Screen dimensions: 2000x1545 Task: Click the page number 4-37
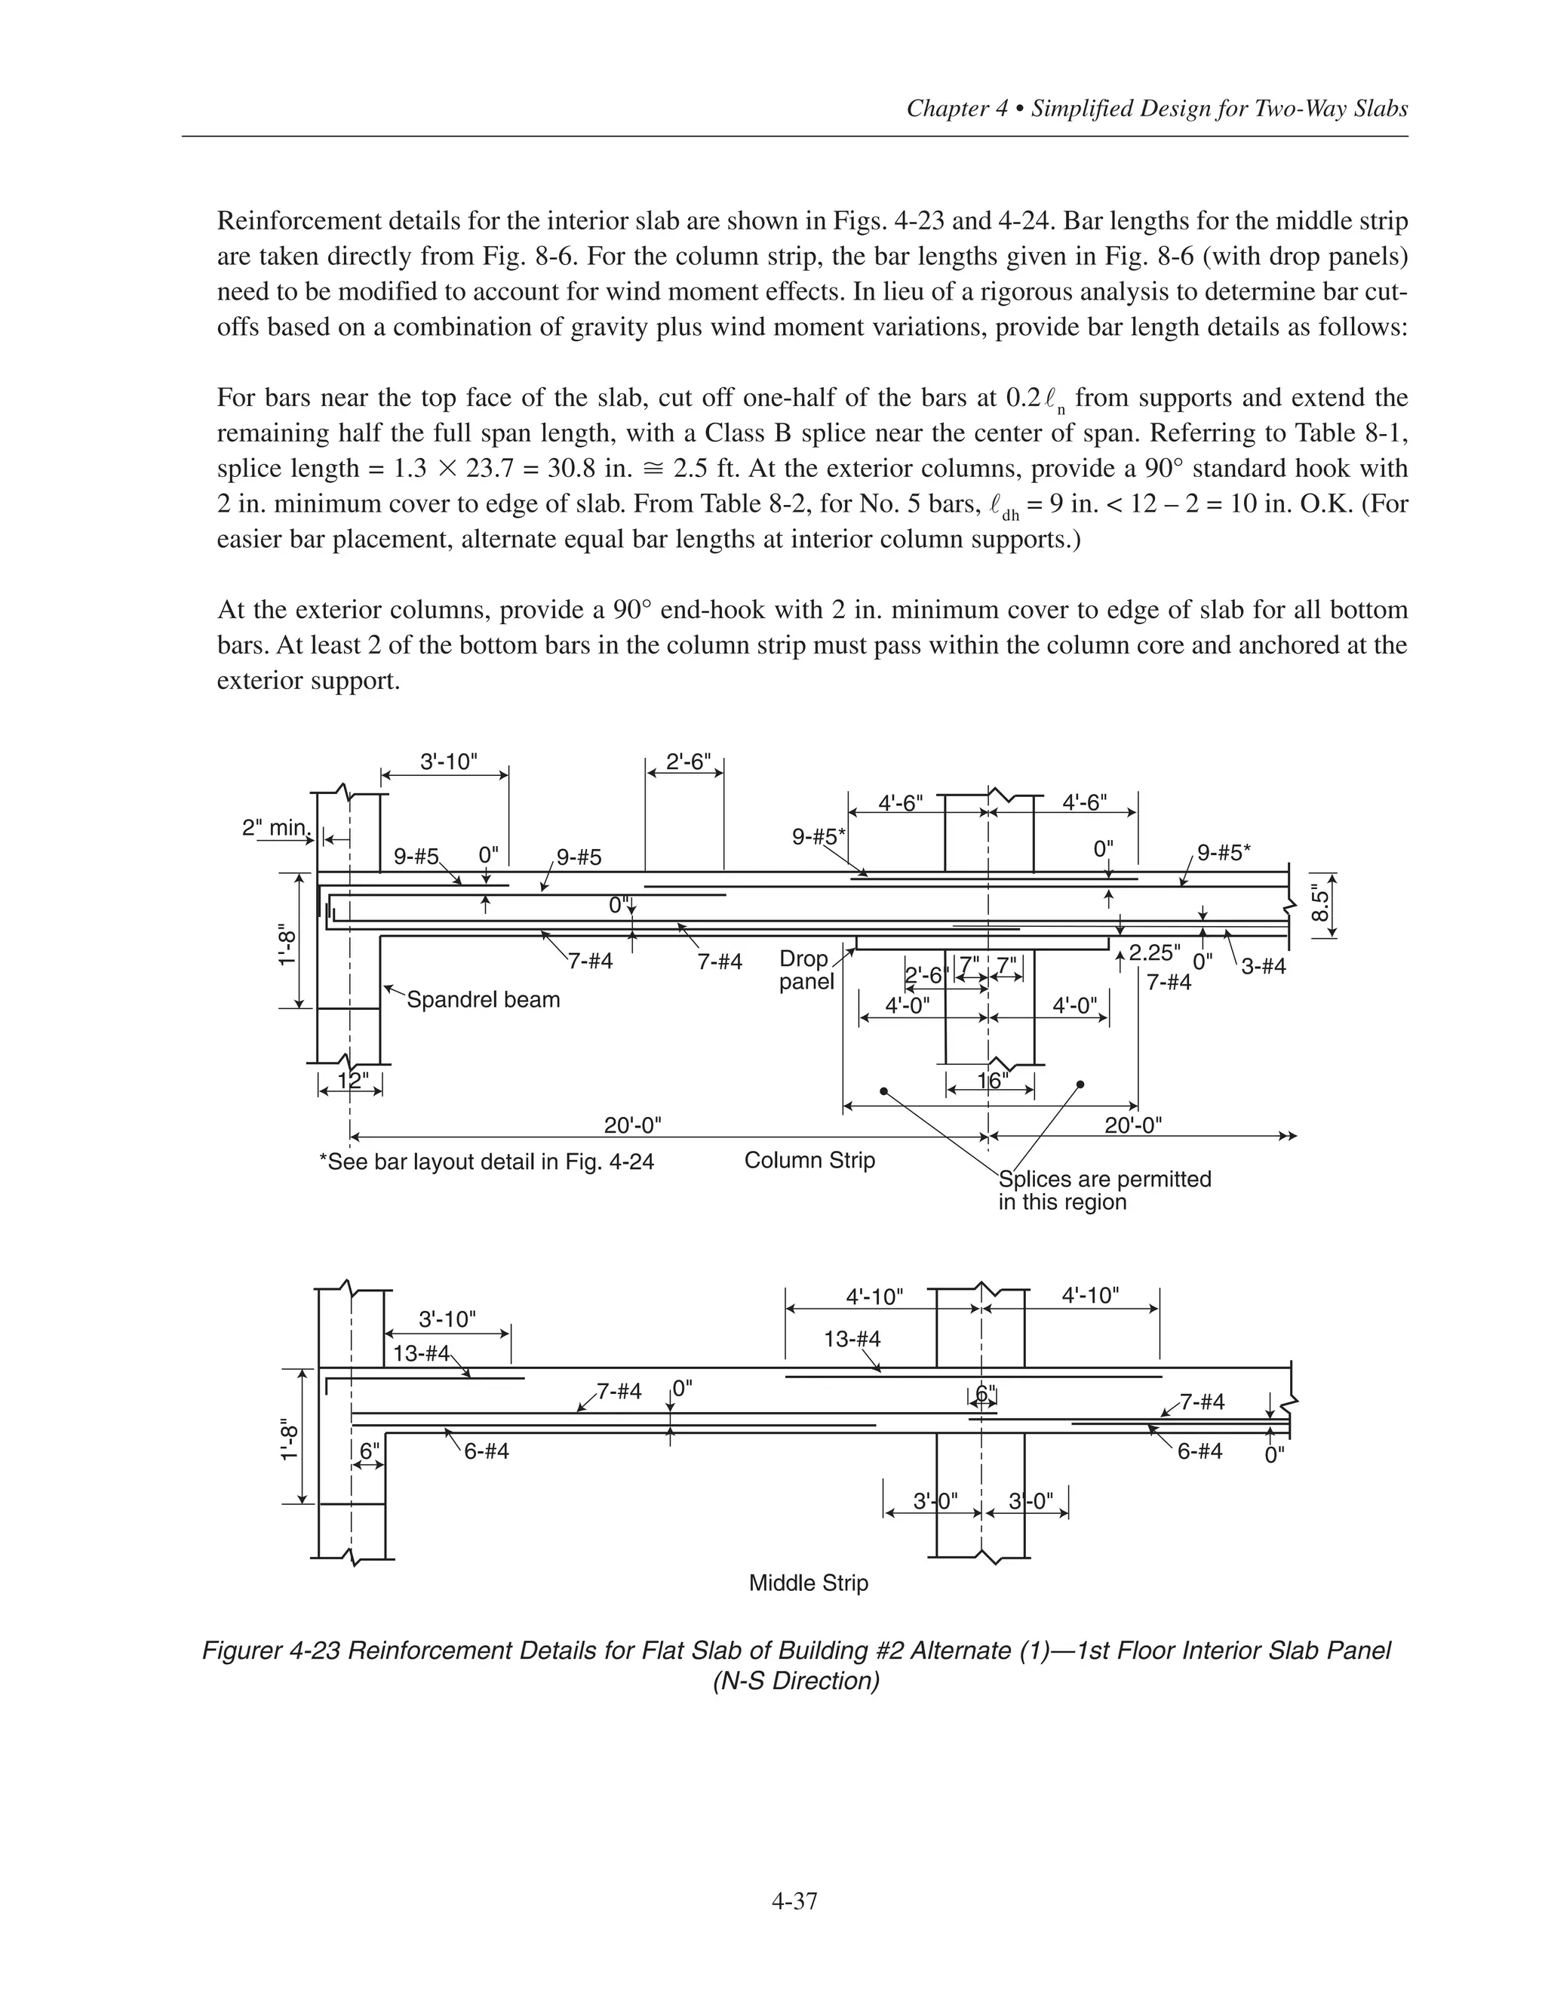[794, 1901]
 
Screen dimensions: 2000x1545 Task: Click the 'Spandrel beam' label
[482, 999]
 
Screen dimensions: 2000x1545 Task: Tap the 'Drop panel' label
[806, 970]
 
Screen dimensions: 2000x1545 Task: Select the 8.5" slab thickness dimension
[1319, 905]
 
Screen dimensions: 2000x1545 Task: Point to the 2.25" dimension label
[1154, 952]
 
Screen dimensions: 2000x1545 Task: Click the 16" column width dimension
[991, 1081]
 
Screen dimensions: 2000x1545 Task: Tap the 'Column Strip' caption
[809, 1160]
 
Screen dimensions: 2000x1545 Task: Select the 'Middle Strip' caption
[808, 1583]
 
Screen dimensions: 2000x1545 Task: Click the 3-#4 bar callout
[1263, 966]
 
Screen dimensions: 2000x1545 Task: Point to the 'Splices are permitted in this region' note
[1104, 1190]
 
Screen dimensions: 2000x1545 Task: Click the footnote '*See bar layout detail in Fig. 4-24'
[486, 1162]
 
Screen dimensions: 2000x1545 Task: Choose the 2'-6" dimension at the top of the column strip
[688, 762]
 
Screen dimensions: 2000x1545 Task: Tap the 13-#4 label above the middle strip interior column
[852, 1339]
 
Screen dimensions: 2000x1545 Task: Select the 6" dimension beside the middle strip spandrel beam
[369, 1451]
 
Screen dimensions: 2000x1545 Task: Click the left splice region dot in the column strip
[883, 1091]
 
